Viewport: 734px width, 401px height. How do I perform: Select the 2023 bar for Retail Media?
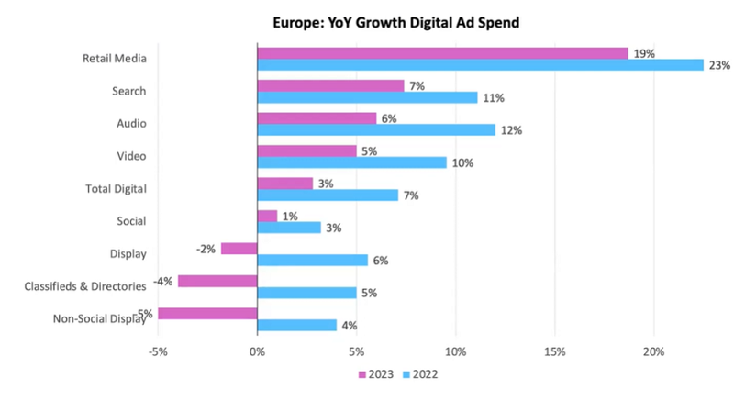[x=442, y=53]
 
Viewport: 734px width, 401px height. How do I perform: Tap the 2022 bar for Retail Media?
[x=480, y=65]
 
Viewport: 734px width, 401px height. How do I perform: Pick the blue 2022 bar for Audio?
[x=376, y=130]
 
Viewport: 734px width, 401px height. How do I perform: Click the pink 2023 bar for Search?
[x=330, y=85]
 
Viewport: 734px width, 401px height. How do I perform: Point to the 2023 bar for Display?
[x=239, y=248]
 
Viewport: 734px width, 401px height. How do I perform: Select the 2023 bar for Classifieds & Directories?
[x=217, y=281]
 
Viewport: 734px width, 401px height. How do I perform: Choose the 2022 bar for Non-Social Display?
[x=297, y=325]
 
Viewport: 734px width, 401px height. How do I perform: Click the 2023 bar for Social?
[x=267, y=216]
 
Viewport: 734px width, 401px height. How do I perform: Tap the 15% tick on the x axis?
[x=555, y=351]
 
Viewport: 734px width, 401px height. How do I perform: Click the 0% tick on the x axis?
[x=257, y=351]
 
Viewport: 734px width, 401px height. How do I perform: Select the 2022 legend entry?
[x=422, y=375]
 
